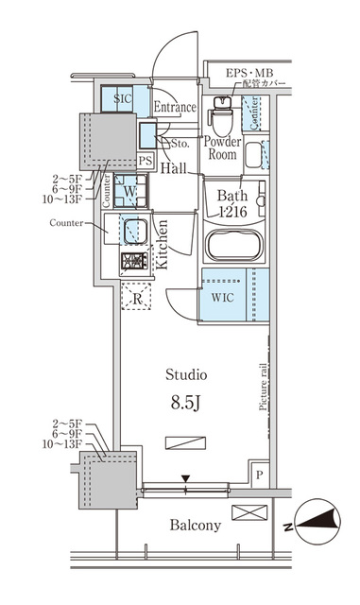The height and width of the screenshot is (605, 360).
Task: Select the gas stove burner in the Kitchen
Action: point(131,261)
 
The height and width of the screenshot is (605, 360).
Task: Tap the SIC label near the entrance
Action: point(123,98)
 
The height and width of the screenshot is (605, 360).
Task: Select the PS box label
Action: point(145,161)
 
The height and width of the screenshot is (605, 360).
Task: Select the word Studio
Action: point(187,374)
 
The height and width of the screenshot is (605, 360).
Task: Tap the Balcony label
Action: point(195,525)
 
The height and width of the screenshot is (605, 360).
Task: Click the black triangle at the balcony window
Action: point(185,479)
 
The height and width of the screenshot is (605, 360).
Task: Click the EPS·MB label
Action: point(249,74)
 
